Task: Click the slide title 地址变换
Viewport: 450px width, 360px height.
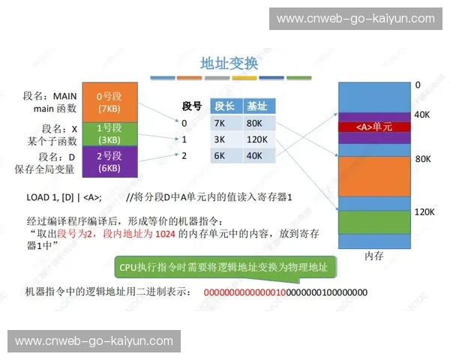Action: point(229,64)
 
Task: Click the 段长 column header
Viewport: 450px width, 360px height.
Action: point(225,106)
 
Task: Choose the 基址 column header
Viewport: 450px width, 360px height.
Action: point(256,106)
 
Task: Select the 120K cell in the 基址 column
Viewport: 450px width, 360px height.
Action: point(258,139)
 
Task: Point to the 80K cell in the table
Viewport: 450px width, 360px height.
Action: point(258,123)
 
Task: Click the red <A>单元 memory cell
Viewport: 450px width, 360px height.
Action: point(373,127)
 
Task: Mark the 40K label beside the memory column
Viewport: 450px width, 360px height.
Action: point(421,115)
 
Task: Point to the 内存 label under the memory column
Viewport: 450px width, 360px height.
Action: point(374,256)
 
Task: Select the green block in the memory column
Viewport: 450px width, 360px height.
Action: point(373,222)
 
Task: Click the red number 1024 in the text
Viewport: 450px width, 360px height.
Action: point(164,234)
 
